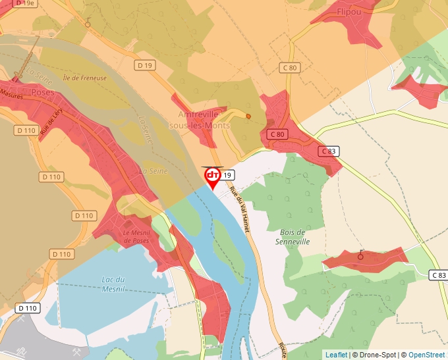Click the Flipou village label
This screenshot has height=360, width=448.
[349, 12]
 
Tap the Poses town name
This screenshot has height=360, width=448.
[43, 93]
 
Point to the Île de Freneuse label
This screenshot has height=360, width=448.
[84, 78]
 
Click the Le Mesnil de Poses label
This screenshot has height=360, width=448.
[136, 237]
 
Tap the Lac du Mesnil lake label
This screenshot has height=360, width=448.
[113, 284]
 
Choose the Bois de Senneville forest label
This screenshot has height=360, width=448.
[293, 237]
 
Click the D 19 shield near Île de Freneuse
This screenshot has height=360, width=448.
[144, 65]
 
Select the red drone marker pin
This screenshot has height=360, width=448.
[213, 176]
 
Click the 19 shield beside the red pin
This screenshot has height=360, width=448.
[227, 174]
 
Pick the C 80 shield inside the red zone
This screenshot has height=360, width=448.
[277, 134]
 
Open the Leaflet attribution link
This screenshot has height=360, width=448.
[336, 355]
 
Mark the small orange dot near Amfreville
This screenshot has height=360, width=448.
[248, 116]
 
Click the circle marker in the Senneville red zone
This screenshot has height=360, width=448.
[360, 257]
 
